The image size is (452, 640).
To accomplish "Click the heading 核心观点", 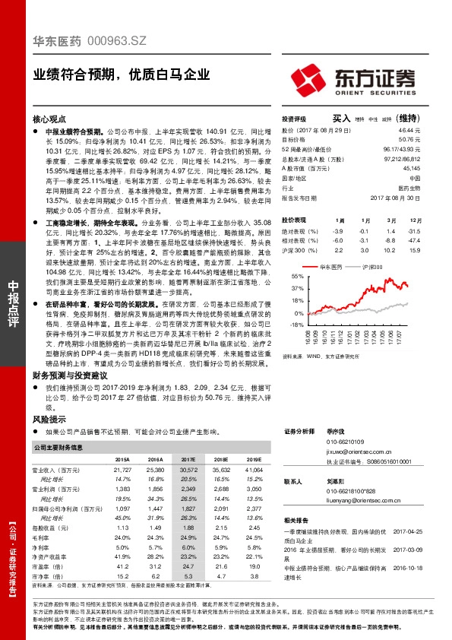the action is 50,119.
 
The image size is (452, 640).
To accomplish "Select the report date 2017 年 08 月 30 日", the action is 395,197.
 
